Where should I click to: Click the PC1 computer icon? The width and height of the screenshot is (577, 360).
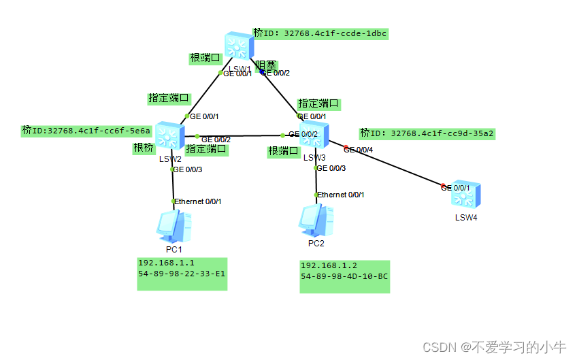pyautogui.click(x=174, y=227)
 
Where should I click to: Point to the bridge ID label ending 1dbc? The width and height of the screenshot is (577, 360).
pyautogui.click(x=320, y=33)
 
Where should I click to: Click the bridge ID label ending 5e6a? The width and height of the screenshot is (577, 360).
pyautogui.click(x=86, y=130)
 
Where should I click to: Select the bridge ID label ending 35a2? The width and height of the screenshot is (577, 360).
pyautogui.click(x=427, y=133)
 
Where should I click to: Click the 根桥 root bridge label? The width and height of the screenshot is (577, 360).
pyautogui.click(x=143, y=148)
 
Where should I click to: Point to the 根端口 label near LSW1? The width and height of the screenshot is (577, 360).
pyautogui.click(x=205, y=59)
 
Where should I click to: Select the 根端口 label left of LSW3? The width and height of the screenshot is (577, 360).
pyautogui.click(x=283, y=150)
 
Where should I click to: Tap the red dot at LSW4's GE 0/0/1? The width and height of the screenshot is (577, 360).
pyautogui.click(x=444, y=186)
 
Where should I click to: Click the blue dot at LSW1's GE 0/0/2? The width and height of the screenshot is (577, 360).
pyautogui.click(x=261, y=72)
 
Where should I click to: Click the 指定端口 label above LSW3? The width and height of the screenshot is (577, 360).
pyautogui.click(x=318, y=103)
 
